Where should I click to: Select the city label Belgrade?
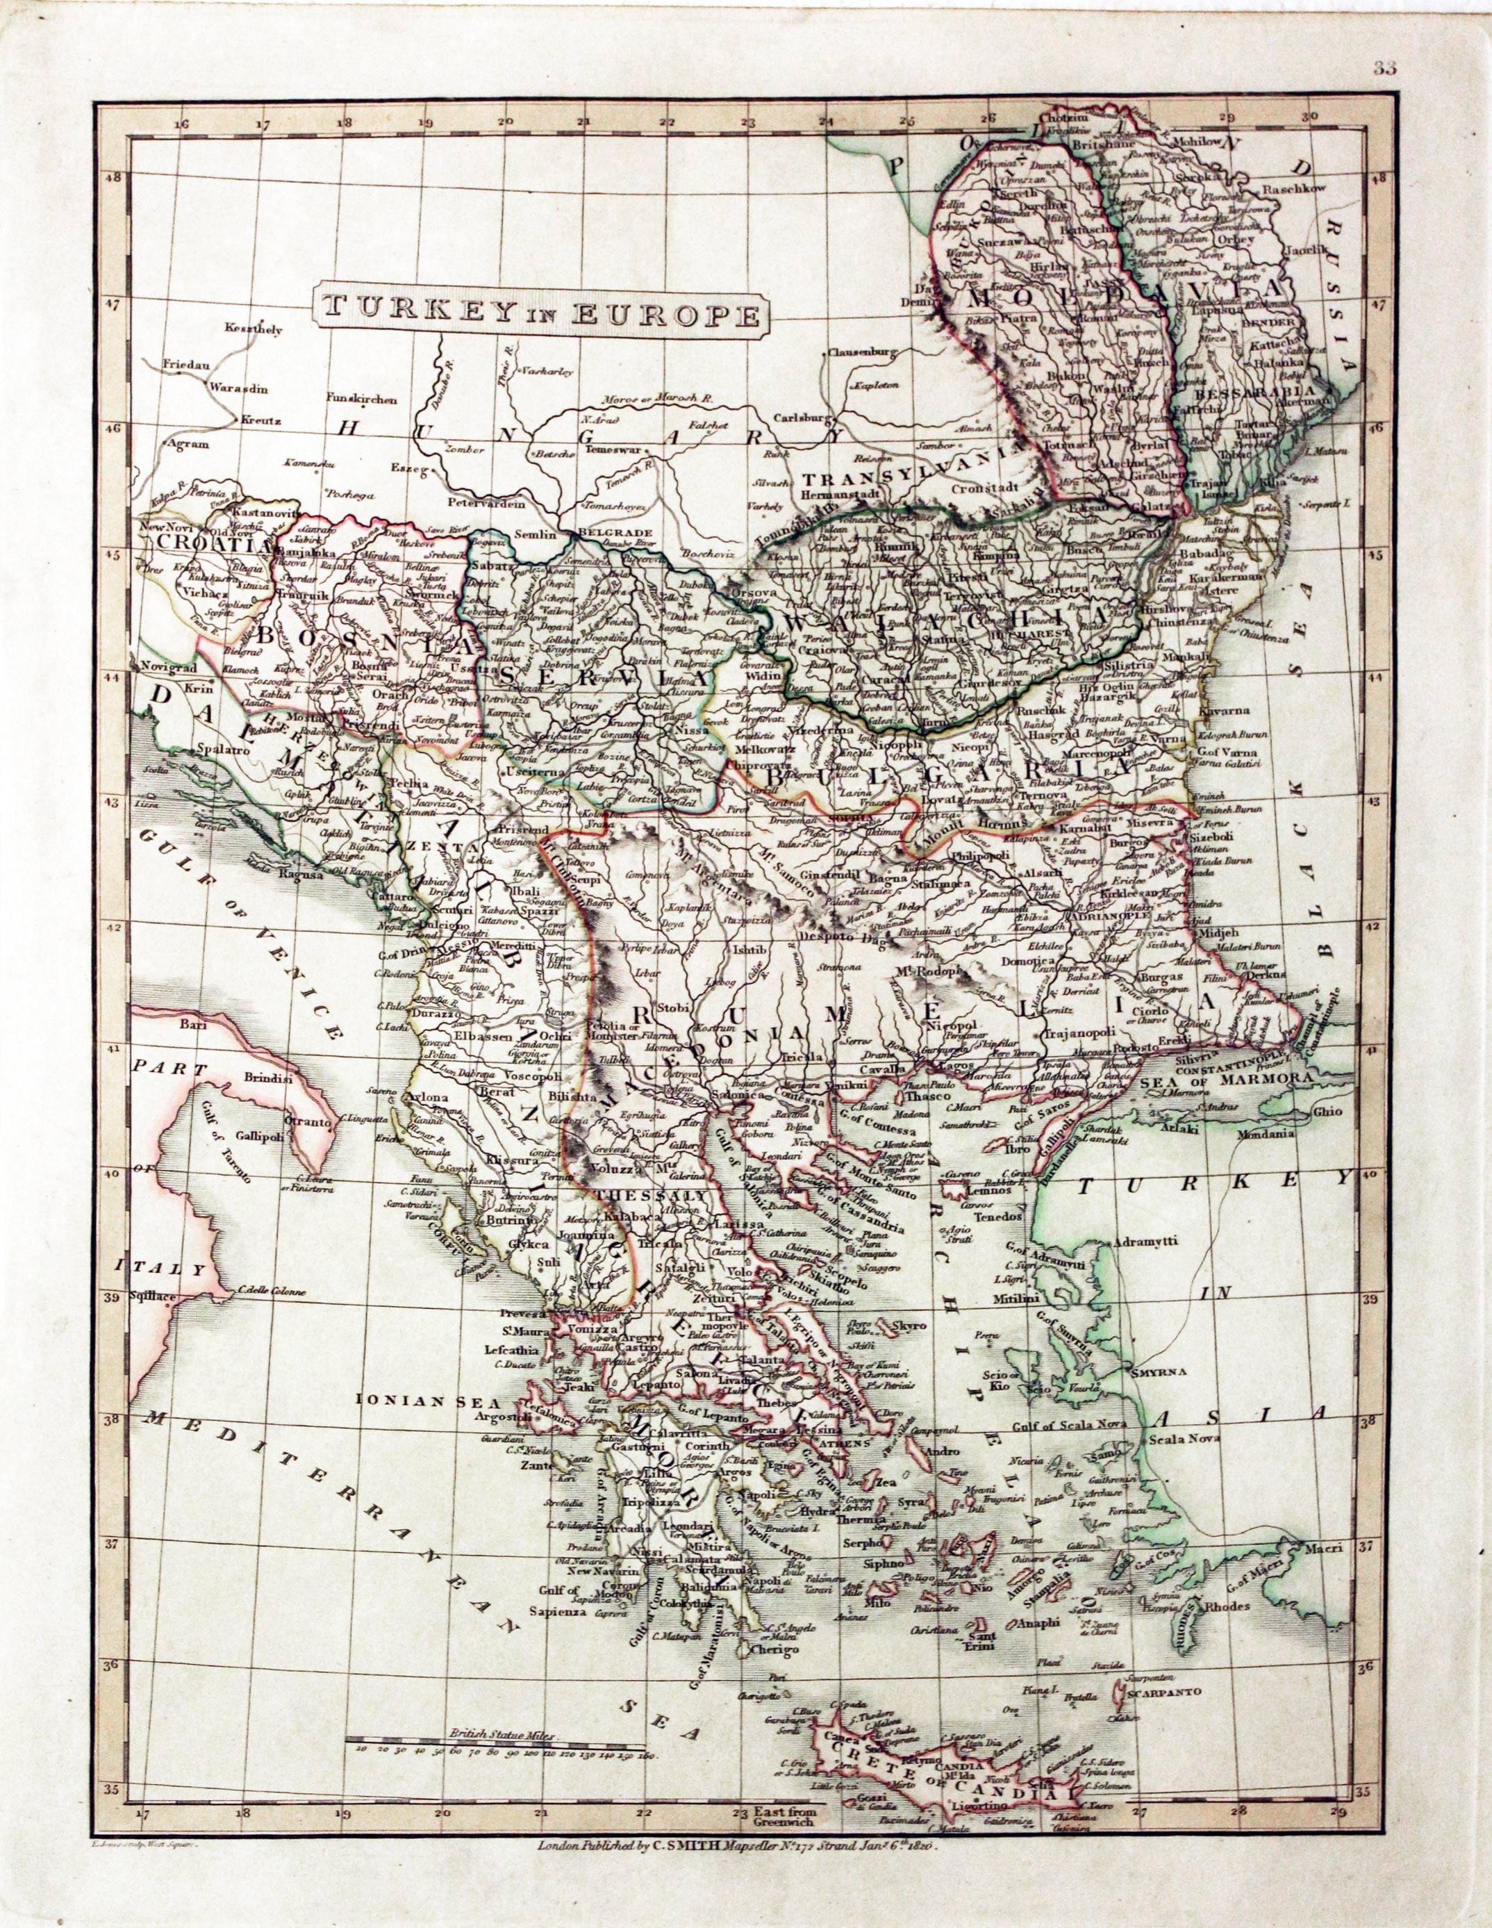tap(617, 533)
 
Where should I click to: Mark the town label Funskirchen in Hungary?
tap(362, 398)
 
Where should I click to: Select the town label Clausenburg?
tap(860, 353)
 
